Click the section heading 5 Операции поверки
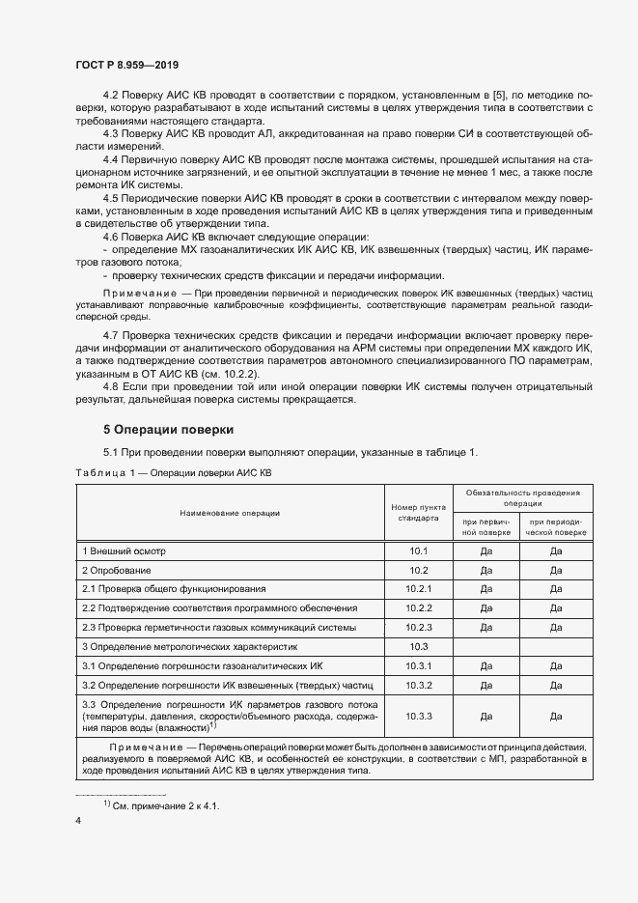[168, 429]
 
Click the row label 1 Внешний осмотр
[125, 550]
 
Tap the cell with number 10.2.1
[418, 588]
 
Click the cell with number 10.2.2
[418, 607]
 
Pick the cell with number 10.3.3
[418, 716]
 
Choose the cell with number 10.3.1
[418, 665]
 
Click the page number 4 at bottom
[78, 820]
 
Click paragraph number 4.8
[111, 386]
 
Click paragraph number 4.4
[111, 157]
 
